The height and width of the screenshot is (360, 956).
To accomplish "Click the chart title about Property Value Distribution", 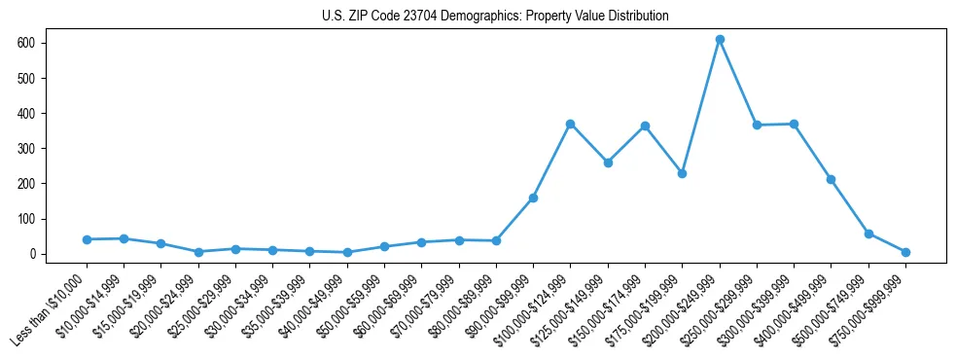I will tap(495, 17).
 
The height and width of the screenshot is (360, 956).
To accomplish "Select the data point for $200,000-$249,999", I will tap(720, 40).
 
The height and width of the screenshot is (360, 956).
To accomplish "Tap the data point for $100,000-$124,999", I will tap(570, 124).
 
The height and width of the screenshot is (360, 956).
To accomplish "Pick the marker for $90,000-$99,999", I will tap(533, 198).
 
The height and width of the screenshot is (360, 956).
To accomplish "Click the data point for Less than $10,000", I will tap(87, 239).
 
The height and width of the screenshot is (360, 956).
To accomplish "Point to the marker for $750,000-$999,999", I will tap(905, 252).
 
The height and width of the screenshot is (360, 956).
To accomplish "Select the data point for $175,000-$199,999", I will tap(682, 173).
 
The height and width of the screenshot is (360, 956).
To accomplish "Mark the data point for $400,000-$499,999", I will tap(831, 179).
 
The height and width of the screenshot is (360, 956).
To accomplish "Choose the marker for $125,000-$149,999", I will tap(608, 162).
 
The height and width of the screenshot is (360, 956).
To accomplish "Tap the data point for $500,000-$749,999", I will tap(868, 234).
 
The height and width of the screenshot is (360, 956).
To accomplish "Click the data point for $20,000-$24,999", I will tap(198, 252).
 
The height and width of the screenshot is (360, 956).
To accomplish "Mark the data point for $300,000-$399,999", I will tap(794, 125).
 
